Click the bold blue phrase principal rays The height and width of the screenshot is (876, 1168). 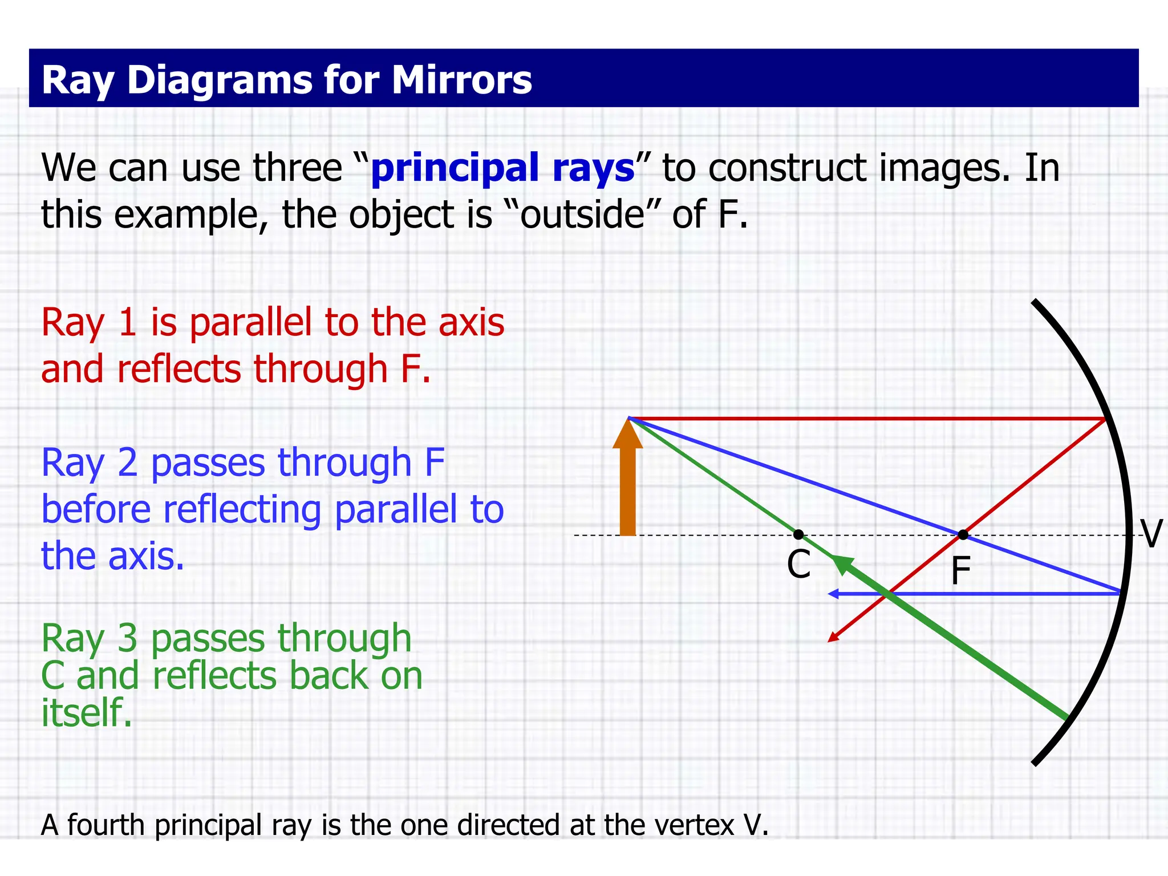click(x=502, y=169)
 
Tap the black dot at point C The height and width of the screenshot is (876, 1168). click(x=798, y=534)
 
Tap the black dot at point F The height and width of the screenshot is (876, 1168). click(x=963, y=534)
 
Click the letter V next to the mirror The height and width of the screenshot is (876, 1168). click(x=1150, y=534)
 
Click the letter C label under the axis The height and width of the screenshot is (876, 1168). click(x=798, y=565)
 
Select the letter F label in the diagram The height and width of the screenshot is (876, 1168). click(x=960, y=571)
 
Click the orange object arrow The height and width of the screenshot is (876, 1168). click(x=627, y=485)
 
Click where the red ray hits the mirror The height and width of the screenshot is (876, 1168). click(x=1105, y=419)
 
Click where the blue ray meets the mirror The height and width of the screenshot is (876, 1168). click(x=1120, y=593)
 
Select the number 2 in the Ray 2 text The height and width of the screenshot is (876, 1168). click(x=127, y=463)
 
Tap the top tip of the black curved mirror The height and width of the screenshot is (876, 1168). click(x=1034, y=301)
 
